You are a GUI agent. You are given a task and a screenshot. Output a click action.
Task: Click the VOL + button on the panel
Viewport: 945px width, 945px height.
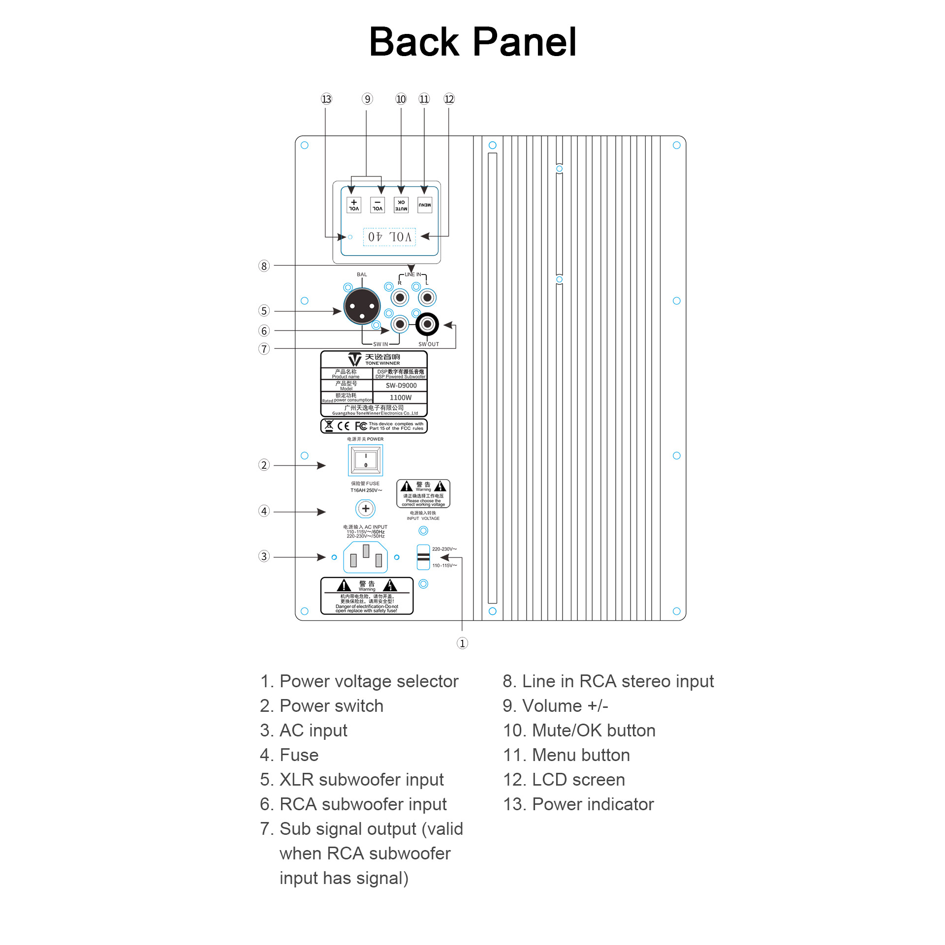(353, 205)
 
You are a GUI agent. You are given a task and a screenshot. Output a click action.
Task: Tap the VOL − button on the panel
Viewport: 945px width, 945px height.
(378, 205)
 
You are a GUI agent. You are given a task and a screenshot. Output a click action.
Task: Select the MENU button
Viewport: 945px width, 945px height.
(424, 205)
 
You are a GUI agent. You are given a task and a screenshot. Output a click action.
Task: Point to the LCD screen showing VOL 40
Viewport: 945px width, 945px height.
(389, 237)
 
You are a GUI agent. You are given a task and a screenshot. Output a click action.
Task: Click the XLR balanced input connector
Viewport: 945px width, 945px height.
(362, 306)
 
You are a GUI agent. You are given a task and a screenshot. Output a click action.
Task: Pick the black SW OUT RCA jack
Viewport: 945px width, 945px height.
(427, 324)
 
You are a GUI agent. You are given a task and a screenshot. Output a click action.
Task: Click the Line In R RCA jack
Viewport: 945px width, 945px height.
(400, 298)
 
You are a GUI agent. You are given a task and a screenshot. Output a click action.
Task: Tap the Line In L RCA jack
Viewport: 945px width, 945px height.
(427, 298)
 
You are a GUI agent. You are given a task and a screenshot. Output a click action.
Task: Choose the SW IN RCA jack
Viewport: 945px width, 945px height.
(400, 324)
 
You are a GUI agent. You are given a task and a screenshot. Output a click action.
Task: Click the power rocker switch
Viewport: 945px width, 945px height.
(366, 460)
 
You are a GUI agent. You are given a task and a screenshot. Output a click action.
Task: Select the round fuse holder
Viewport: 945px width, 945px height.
(365, 509)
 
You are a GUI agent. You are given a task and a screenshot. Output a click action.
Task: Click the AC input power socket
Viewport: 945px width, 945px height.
(365, 557)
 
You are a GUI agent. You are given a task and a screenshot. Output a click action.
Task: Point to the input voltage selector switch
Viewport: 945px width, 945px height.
(423, 557)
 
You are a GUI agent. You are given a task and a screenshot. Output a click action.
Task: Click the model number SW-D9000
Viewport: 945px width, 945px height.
(401, 386)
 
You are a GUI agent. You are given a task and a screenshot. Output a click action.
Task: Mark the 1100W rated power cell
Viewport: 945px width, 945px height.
(400, 397)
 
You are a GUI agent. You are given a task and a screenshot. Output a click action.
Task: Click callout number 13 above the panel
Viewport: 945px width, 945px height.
(326, 99)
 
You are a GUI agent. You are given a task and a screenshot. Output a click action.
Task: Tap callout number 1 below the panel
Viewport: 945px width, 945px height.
(462, 643)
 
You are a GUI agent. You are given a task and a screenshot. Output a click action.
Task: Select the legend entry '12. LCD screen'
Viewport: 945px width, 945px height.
(564, 780)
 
